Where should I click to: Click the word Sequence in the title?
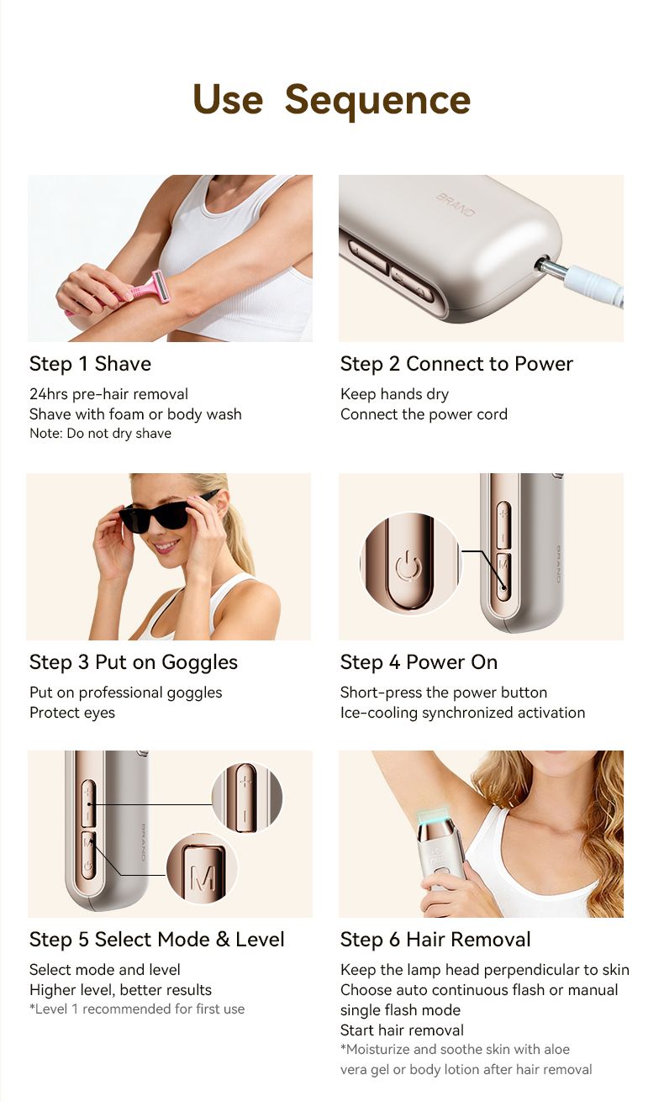point(377,101)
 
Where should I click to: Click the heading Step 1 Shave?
point(90,364)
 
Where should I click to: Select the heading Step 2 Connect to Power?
point(456,364)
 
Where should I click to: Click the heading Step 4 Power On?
point(419,662)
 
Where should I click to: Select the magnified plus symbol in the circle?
point(245,782)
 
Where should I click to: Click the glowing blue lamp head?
point(435,816)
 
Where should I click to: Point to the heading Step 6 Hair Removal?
point(435,940)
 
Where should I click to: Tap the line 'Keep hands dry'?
point(394,394)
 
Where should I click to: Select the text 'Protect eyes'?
point(71,713)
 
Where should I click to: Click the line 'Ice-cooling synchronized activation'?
point(462,713)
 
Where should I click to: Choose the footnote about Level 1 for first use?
point(137,1009)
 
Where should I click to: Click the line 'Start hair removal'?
point(402,1030)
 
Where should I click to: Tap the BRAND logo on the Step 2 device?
point(456,205)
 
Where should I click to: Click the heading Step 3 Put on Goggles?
point(133,662)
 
